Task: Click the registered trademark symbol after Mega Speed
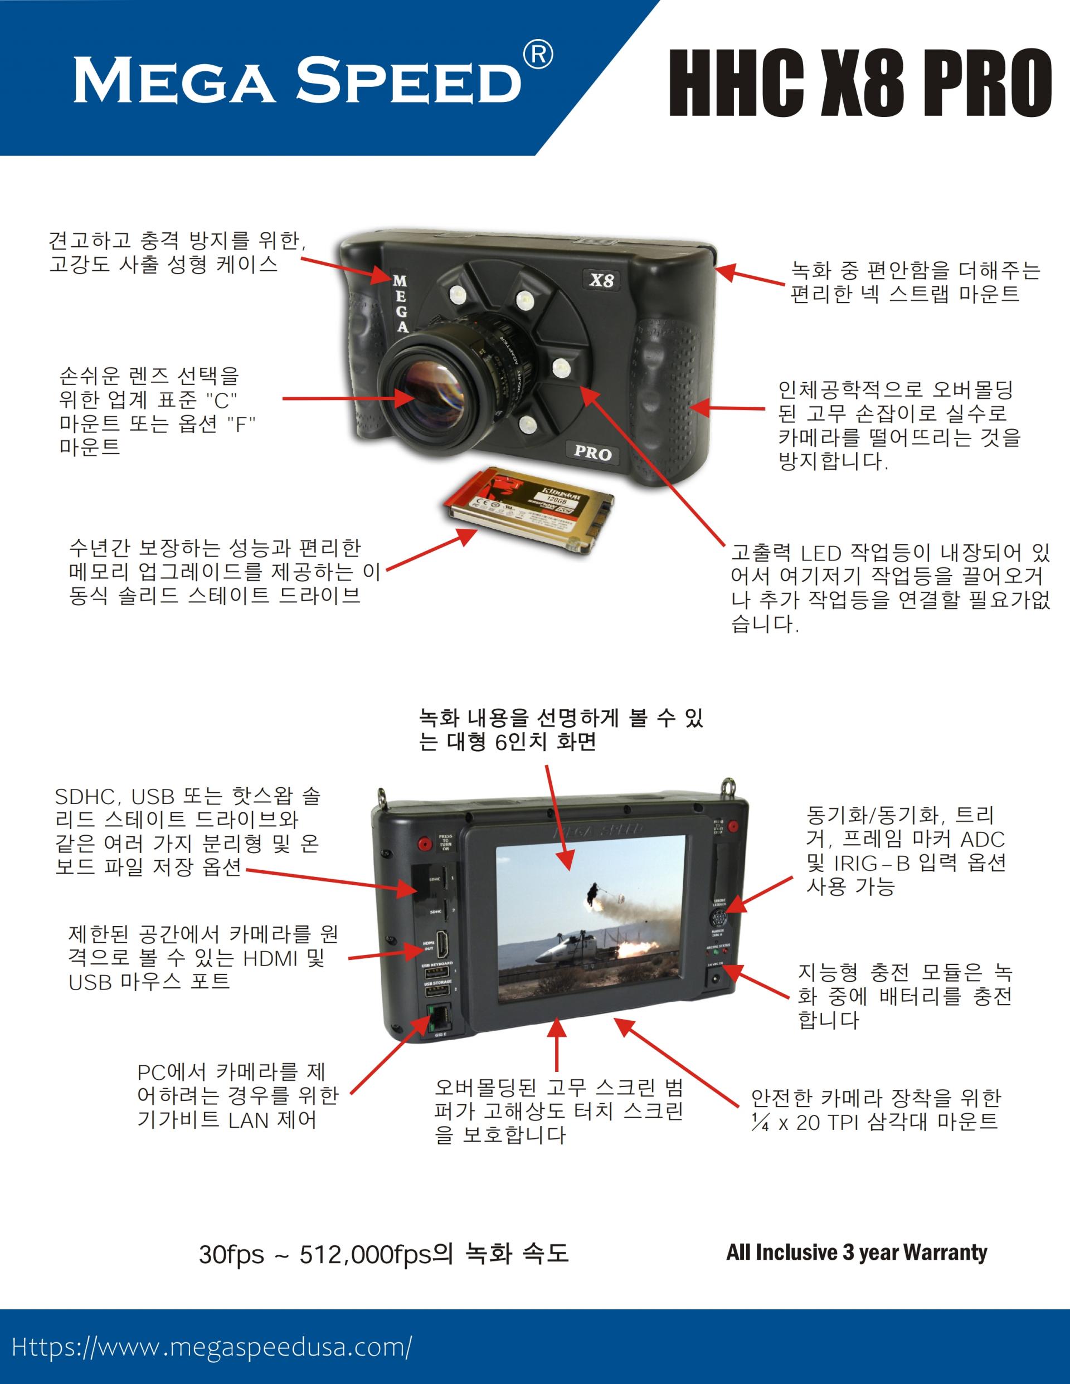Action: [x=538, y=55]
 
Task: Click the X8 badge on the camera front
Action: [x=601, y=280]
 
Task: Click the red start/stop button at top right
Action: [x=733, y=826]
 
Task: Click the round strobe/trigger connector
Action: [x=719, y=919]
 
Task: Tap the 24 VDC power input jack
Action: [x=717, y=978]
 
